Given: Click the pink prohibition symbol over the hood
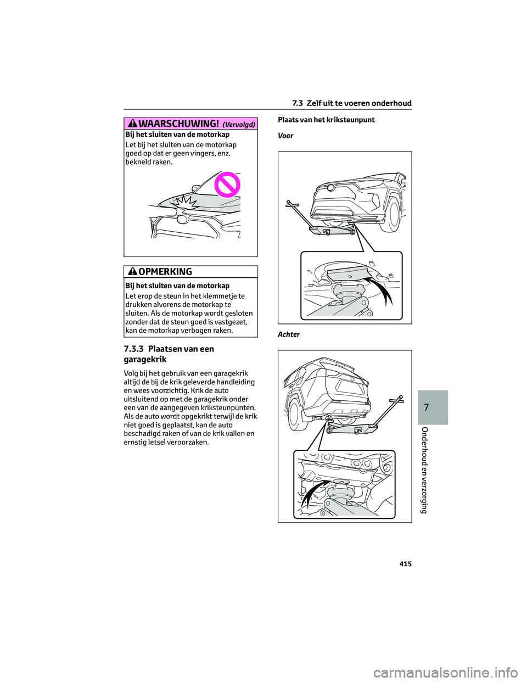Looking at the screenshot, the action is pos(227,185).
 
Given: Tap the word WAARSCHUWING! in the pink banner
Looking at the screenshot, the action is pos(178,124).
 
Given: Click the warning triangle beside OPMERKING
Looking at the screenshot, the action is pos(132,271).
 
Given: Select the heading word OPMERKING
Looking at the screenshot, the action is pos(165,272).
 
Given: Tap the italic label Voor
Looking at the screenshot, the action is pos(285,136).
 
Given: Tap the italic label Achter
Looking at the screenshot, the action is pos(289,334).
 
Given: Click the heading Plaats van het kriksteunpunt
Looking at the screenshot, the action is pos(326,120).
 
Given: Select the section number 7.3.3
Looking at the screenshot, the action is pos(134,349).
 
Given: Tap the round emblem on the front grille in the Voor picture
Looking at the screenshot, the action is pos(330,188).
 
